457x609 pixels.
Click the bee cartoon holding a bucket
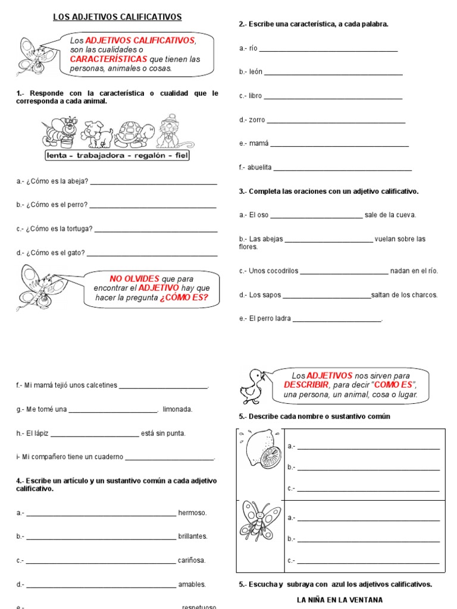tap(59, 133)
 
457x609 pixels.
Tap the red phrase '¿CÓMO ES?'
tap(184, 298)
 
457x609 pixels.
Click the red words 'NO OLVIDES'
tap(134, 279)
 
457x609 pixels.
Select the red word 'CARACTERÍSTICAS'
tap(109, 59)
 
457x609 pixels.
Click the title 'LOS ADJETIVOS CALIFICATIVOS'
tap(117, 17)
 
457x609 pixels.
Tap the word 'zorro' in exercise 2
tap(256, 120)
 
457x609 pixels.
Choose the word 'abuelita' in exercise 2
tap(259, 168)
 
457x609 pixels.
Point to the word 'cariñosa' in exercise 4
tap(192, 560)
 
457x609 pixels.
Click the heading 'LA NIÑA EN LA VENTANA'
tap(340, 600)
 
